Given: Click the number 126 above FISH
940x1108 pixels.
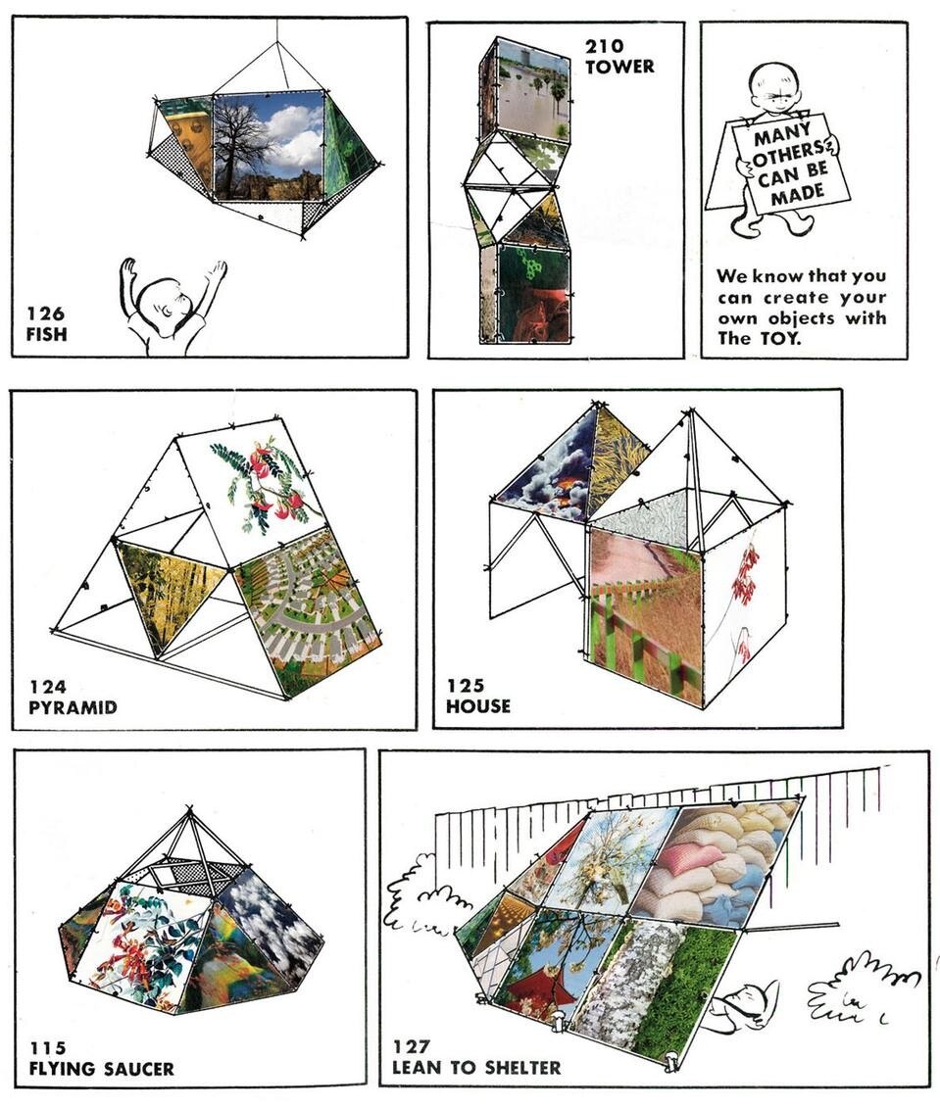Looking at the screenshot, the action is [x=45, y=313].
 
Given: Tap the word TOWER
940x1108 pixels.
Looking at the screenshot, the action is [x=619, y=68].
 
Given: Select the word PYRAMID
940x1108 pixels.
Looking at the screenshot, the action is [x=73, y=707].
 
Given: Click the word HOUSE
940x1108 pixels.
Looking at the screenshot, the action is [x=477, y=706].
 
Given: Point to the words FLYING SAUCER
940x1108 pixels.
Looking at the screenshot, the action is [x=101, y=1069].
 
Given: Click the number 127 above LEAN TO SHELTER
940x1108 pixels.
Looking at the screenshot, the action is [x=411, y=1046].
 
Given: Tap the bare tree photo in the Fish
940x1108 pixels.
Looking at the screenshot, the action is [x=269, y=146].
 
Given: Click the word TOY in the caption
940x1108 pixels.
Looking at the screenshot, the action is [x=779, y=339].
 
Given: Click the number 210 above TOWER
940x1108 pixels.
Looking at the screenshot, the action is [x=604, y=46].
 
